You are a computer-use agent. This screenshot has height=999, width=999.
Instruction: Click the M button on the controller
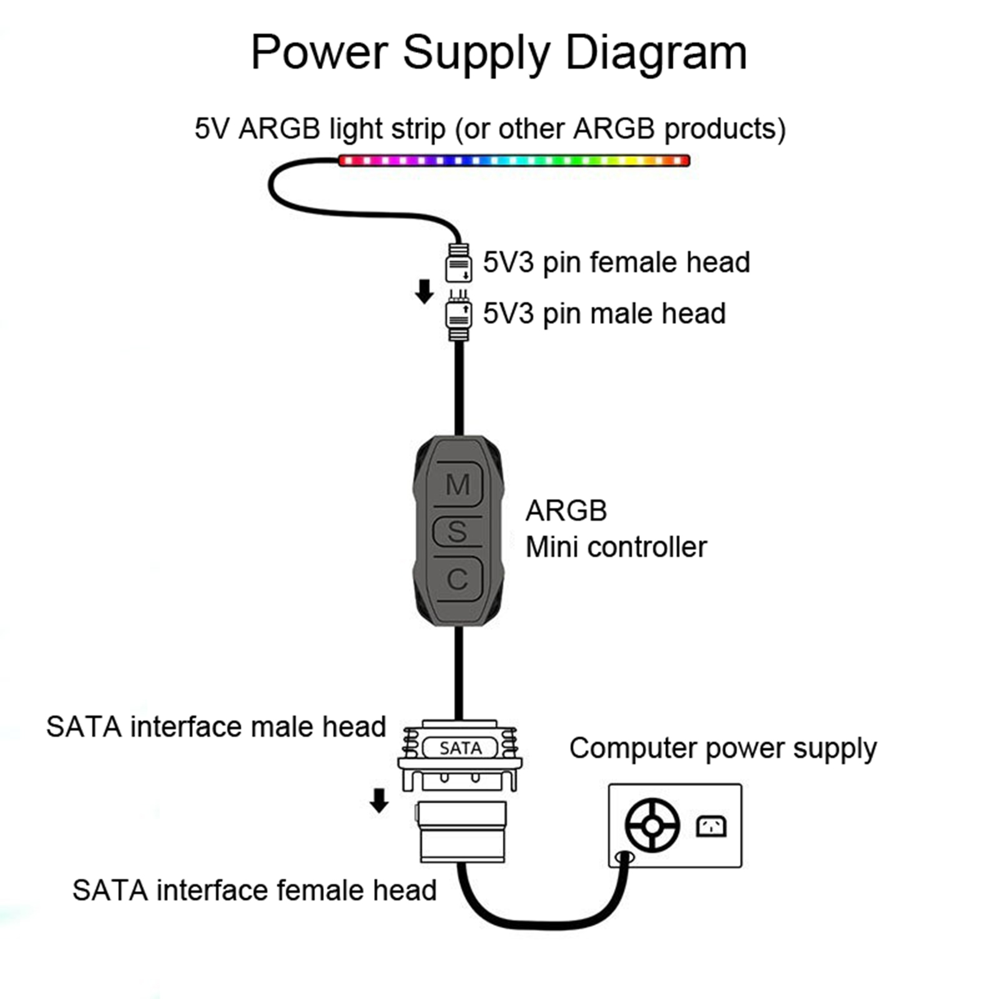tap(458, 485)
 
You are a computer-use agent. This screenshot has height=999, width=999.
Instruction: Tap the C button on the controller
tap(458, 579)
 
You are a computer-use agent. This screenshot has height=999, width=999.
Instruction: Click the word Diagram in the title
tap(656, 52)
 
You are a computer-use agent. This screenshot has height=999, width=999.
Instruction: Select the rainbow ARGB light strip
tap(513, 160)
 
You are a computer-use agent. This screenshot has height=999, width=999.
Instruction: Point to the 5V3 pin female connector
tap(458, 263)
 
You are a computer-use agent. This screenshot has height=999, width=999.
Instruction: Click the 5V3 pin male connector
tap(458, 317)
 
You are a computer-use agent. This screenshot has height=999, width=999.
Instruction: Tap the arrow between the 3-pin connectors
tap(425, 291)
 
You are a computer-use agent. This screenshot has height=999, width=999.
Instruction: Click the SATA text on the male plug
tap(460, 748)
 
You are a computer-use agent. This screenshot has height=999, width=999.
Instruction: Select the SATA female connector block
tap(462, 832)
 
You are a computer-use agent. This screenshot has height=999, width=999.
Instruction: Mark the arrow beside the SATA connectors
tap(379, 800)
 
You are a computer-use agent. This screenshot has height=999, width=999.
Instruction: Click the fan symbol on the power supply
tap(652, 825)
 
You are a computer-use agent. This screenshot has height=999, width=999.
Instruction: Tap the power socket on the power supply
tap(711, 826)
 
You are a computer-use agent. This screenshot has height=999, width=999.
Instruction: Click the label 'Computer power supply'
tap(722, 749)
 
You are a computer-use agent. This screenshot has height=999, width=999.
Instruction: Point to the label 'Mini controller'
tap(616, 548)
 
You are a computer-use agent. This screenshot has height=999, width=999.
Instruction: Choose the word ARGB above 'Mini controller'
tap(566, 511)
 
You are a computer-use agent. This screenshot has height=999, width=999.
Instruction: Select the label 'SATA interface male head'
tap(216, 727)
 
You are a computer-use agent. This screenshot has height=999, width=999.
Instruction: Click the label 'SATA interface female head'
tap(254, 890)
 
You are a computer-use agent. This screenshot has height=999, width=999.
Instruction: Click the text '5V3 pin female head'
tap(616, 263)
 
